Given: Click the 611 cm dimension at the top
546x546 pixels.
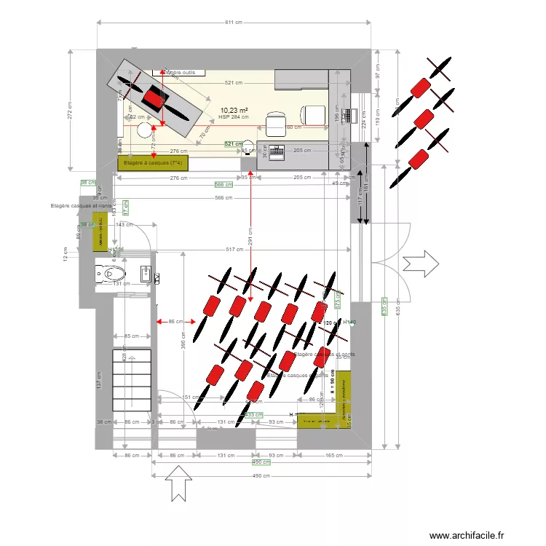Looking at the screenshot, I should click(233, 23).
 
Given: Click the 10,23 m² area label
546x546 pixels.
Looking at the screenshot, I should click(234, 110).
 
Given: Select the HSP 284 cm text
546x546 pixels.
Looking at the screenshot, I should click(234, 116).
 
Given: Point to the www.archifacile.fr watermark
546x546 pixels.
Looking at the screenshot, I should click(467, 536).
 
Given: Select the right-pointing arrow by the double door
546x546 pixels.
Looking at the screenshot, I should click(421, 261).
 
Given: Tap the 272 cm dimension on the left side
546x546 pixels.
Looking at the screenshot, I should click(70, 109).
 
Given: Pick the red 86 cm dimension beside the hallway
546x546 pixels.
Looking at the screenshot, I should click(175, 321).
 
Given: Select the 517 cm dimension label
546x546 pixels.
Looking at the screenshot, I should click(234, 250).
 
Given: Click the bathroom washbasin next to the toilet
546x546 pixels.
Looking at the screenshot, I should click(146, 275).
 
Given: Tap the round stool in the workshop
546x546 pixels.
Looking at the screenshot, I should click(146, 130).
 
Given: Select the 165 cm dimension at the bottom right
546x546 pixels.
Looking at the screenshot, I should click(334, 455).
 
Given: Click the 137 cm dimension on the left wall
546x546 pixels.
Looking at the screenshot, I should click(99, 380).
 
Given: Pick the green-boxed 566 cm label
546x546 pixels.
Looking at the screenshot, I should click(223, 184).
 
